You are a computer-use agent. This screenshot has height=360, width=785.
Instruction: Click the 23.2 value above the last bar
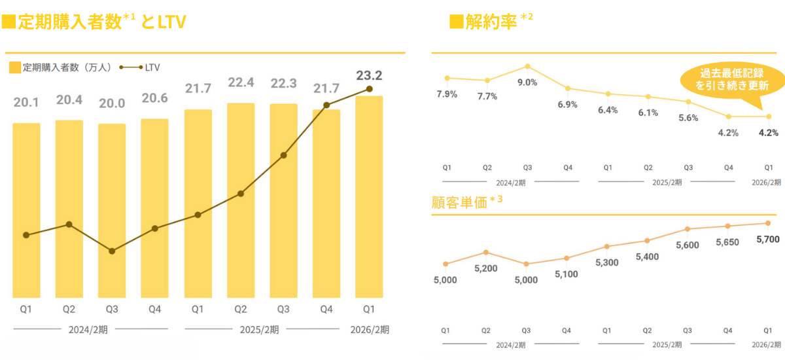[x=370, y=75]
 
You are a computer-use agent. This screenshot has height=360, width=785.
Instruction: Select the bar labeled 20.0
[x=112, y=209]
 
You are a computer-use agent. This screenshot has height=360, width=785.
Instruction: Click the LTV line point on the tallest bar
[x=370, y=88]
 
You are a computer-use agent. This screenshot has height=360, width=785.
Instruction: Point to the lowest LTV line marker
[x=112, y=251]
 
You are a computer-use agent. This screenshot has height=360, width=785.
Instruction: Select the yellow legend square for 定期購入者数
[x=16, y=67]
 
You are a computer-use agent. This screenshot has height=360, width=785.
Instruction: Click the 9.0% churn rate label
[x=527, y=82]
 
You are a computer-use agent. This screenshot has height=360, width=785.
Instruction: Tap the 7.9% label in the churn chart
[x=447, y=94]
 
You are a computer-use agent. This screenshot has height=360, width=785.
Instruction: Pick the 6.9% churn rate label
[x=568, y=105]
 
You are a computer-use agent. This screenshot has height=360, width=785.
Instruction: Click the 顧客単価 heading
[x=460, y=202]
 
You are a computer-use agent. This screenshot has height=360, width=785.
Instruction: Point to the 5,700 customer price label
[x=767, y=240]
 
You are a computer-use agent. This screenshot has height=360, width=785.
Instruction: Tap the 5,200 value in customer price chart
[x=485, y=268]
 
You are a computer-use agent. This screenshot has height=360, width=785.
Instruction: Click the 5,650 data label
[x=727, y=242]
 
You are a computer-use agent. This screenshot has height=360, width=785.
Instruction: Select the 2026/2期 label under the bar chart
[x=370, y=329]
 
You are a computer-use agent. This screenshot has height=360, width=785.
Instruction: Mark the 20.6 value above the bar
[x=154, y=98]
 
